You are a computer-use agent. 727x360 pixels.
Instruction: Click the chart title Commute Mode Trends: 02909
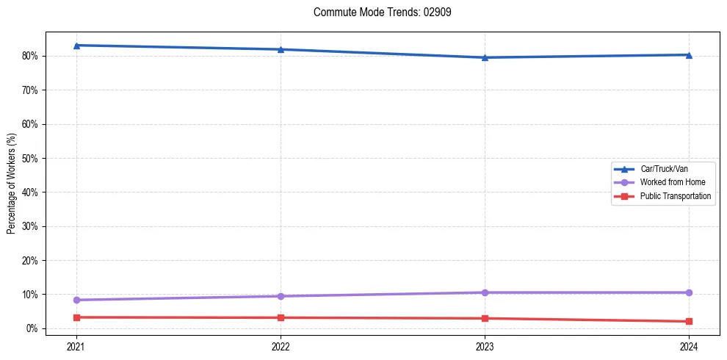tap(377, 12)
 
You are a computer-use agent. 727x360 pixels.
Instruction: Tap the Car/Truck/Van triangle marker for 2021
tap(76, 46)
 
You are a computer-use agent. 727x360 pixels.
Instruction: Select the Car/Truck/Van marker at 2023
tap(485, 57)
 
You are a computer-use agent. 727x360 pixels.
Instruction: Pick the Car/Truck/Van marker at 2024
tap(689, 54)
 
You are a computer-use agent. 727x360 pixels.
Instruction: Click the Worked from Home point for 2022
tap(281, 296)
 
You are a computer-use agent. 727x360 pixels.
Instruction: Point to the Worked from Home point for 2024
tap(689, 292)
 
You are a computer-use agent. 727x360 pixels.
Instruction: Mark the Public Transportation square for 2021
tap(76, 317)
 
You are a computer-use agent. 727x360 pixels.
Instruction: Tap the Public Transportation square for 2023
tap(485, 318)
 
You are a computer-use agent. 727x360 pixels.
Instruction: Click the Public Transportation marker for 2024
tap(689, 321)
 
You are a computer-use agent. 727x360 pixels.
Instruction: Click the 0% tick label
tap(32, 328)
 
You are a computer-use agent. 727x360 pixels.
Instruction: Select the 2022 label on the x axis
tap(281, 345)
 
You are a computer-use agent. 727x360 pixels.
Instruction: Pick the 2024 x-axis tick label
tap(689, 345)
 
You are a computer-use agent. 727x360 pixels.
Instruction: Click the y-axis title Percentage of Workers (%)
tap(11, 184)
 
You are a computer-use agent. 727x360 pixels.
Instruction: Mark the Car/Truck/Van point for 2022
tap(281, 49)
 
